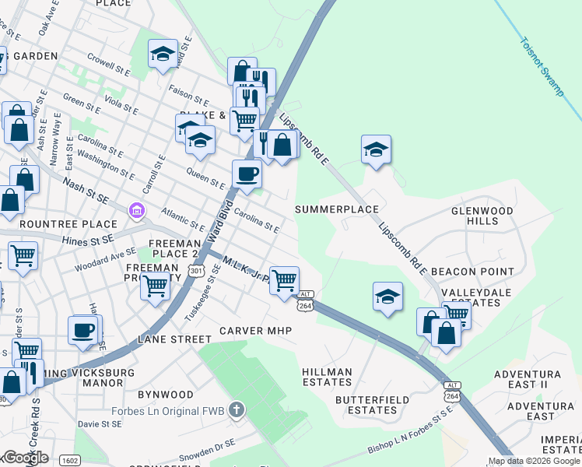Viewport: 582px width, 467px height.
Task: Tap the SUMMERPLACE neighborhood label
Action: coord(337,209)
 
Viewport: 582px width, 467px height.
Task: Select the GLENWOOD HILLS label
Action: coord(482,216)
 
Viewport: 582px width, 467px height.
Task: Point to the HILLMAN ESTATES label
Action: coord(328,377)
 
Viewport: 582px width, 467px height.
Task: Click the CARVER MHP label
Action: coord(255,331)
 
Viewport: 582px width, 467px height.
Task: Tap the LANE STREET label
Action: coord(174,339)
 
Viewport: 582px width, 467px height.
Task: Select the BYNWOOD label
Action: coord(165,395)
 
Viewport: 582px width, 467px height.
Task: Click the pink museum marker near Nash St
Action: coord(137,209)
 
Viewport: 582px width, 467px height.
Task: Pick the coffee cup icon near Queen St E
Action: coord(247,174)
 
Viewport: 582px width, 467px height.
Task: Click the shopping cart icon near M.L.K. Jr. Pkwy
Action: coord(285,279)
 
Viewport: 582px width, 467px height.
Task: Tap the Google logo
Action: coord(25,458)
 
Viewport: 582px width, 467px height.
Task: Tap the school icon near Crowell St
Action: coord(163,54)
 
